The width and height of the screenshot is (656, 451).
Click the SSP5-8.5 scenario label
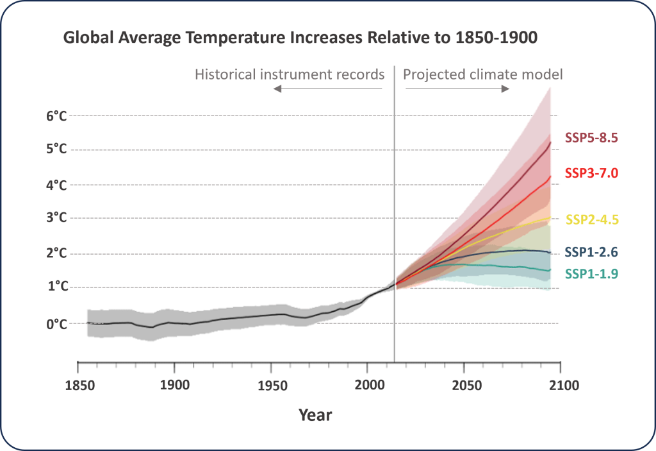point(591,137)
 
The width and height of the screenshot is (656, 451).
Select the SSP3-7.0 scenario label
point(591,173)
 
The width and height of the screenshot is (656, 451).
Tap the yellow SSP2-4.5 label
point(591,219)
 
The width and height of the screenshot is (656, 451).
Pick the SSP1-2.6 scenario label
point(591,251)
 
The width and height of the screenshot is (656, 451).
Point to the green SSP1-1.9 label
point(591,274)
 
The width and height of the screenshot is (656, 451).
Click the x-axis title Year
point(315,415)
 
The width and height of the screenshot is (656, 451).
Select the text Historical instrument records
point(290,74)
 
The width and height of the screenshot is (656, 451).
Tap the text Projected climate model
point(482,74)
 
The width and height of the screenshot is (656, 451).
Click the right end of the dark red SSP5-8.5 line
point(550,142)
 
